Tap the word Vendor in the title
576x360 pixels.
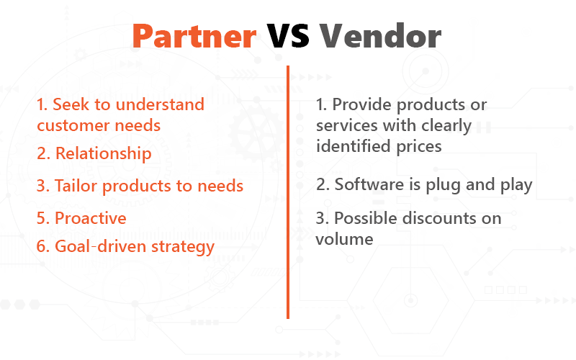pos(380,36)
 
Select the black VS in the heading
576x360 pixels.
pos(287,36)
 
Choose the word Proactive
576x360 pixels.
pos(91,218)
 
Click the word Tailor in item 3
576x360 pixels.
pos(76,186)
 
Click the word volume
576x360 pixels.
pos(344,238)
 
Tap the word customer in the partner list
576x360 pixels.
pos(71,125)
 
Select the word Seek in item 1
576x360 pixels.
pos(71,104)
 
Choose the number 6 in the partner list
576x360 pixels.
pos(42,246)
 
